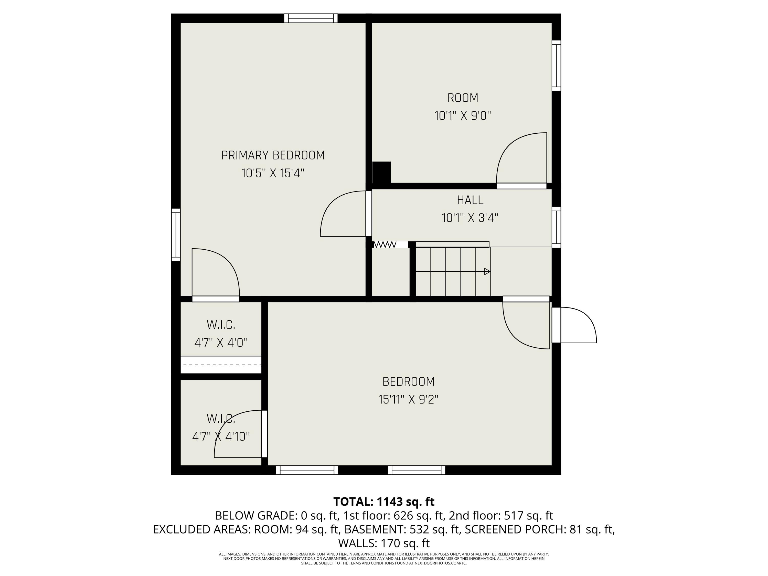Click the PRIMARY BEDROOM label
[273, 155]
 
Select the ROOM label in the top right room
[463, 98]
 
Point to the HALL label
[470, 200]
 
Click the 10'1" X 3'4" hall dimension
[470, 218]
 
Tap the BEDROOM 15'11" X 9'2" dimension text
[408, 400]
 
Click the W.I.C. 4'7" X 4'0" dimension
[221, 343]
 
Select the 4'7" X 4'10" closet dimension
[221, 436]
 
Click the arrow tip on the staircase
[490, 272]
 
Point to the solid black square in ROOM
[382, 172]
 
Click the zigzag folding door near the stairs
[385, 244]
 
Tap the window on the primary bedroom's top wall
[311, 18]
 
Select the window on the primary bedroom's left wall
[176, 235]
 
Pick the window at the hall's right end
[556, 227]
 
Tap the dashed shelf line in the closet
[222, 365]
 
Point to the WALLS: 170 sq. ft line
[384, 543]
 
